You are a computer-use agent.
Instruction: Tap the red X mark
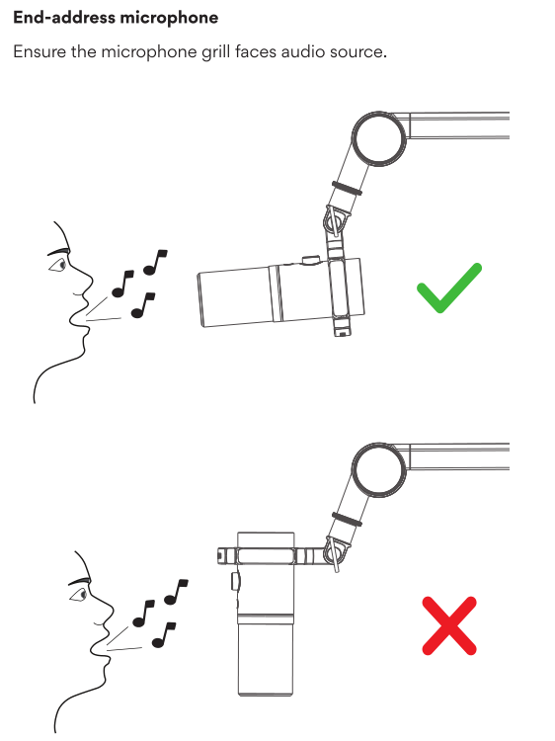(x=449, y=625)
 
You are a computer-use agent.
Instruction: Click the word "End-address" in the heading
(x=64, y=18)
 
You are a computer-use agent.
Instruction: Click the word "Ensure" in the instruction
(x=40, y=51)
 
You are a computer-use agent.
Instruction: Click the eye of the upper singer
(x=60, y=265)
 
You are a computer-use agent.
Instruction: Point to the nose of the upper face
(x=87, y=284)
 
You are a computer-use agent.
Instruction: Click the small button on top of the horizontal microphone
(x=310, y=260)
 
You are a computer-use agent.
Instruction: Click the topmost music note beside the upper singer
(x=154, y=263)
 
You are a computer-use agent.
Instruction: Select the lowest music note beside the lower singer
(x=163, y=635)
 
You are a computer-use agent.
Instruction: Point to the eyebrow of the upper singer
(x=57, y=252)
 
